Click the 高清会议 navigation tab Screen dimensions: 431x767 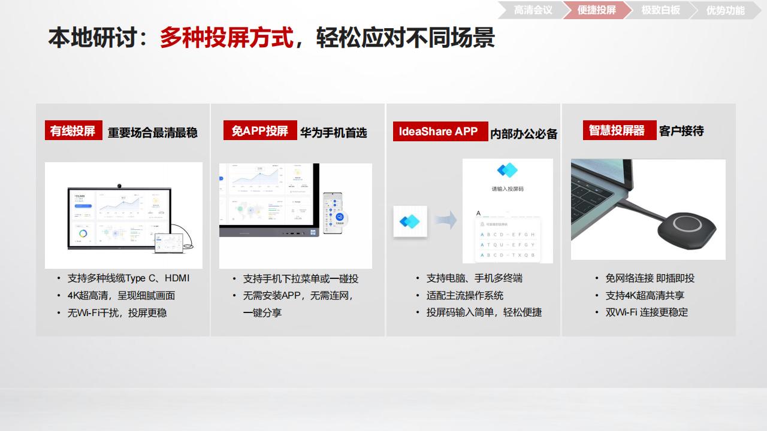[533, 10]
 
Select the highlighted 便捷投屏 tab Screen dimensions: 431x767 [596, 10]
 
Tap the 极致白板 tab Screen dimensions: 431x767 [660, 10]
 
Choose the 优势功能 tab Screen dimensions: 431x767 [725, 10]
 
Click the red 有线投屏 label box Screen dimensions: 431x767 [73, 130]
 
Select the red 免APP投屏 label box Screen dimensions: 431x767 [260, 130]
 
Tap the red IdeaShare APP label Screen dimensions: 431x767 [438, 132]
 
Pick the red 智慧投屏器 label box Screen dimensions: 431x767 [617, 130]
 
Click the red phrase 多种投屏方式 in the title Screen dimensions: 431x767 [227, 38]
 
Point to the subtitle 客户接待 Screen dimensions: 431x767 [681, 131]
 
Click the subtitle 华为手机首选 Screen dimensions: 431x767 [333, 132]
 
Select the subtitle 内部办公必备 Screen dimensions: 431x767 [524, 134]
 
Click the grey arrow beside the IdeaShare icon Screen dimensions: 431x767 [445, 220]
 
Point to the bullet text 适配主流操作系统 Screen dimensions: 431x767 [464, 296]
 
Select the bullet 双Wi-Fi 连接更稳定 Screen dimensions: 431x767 [647, 312]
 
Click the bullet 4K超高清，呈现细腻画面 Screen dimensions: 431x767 [121, 296]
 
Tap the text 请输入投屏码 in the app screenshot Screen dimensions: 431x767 [508, 189]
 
